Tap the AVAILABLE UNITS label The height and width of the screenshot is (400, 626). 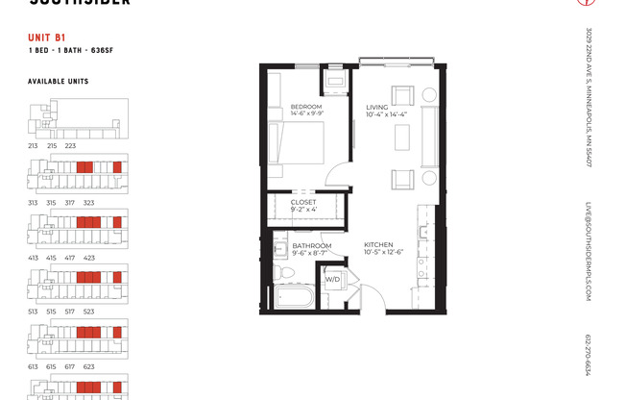point(58,82)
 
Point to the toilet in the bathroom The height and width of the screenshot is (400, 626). point(284,271)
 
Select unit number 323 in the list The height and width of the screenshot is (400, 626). point(88,203)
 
